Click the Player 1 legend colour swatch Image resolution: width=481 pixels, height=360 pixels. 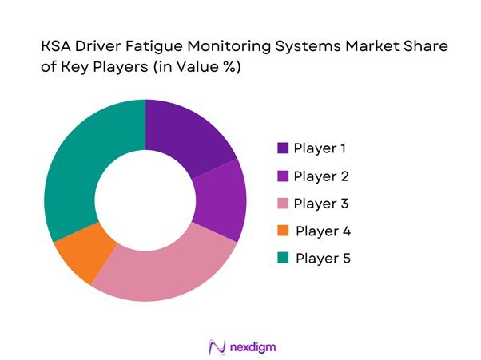click(283, 148)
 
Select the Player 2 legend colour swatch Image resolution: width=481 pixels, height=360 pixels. click(283, 176)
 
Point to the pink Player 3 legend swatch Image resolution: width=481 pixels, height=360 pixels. click(283, 204)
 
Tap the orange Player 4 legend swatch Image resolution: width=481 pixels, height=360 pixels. click(283, 231)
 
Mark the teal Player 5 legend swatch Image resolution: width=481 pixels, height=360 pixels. click(283, 259)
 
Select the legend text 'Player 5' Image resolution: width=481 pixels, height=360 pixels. click(323, 259)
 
